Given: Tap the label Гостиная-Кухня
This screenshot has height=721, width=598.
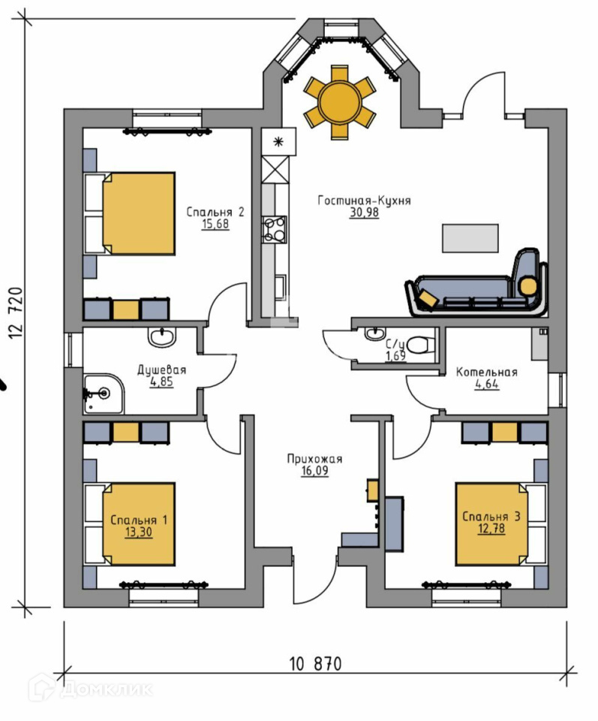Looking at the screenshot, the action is [x=364, y=201].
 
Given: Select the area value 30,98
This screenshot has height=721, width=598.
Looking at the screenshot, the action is [x=364, y=213].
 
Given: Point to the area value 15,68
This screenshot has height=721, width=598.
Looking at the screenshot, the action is [x=215, y=224].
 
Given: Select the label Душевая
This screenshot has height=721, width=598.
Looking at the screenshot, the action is [x=161, y=370].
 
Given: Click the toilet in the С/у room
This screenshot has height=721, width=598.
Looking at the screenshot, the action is [x=421, y=344].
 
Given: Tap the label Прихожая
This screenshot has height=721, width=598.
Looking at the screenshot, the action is [x=314, y=460].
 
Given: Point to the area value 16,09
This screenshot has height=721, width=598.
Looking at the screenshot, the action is [x=314, y=472].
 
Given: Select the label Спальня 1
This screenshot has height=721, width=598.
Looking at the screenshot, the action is [x=139, y=520].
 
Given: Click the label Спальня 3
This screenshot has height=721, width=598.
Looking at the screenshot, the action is [x=491, y=517].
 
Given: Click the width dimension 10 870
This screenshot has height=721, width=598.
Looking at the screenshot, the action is [x=315, y=664].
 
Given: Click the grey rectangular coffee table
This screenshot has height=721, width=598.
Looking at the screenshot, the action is [x=470, y=238].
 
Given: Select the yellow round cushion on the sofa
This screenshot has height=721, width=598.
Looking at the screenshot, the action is [x=529, y=285].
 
